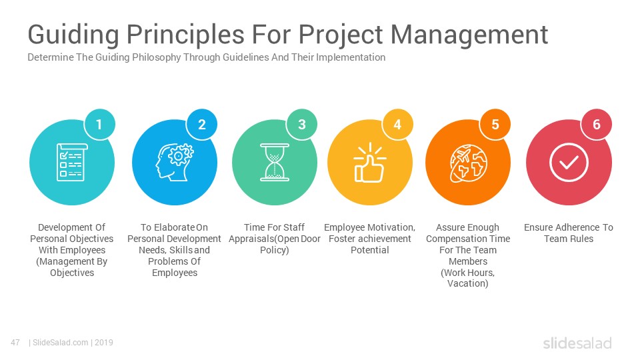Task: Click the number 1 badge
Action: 99,125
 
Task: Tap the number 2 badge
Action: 201,125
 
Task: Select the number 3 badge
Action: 301,125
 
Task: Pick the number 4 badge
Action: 397,125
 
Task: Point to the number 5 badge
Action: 495,125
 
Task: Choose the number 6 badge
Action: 596,125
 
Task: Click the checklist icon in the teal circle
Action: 72,162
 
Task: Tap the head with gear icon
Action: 175,162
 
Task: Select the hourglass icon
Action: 275,162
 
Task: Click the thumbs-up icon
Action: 370,162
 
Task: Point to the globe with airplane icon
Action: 468,163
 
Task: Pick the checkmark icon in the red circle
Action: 569,163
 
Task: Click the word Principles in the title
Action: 185,34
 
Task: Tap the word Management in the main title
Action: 469,34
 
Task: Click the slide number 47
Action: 15,343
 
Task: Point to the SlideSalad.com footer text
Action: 60,343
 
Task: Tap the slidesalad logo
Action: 577,343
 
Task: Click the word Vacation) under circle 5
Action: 468,283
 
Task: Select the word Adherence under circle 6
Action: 569,227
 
